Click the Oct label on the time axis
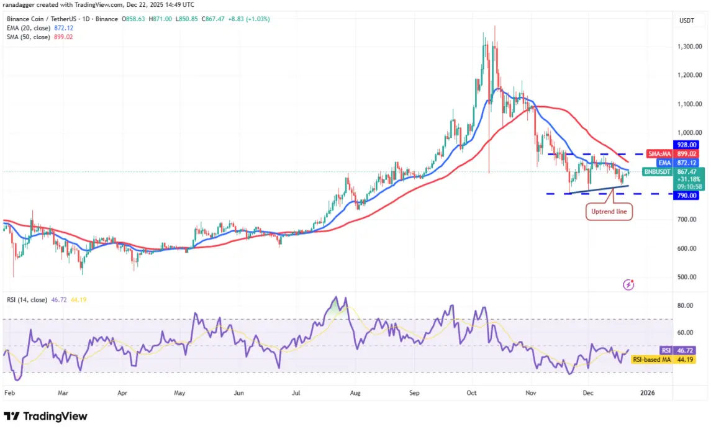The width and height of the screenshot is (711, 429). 471,392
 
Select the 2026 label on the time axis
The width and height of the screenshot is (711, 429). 648,392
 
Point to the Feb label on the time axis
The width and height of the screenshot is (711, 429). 9,392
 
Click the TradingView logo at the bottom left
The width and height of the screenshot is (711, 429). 45,416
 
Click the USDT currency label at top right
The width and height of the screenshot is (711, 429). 687,20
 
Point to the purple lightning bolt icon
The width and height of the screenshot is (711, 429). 628,284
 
